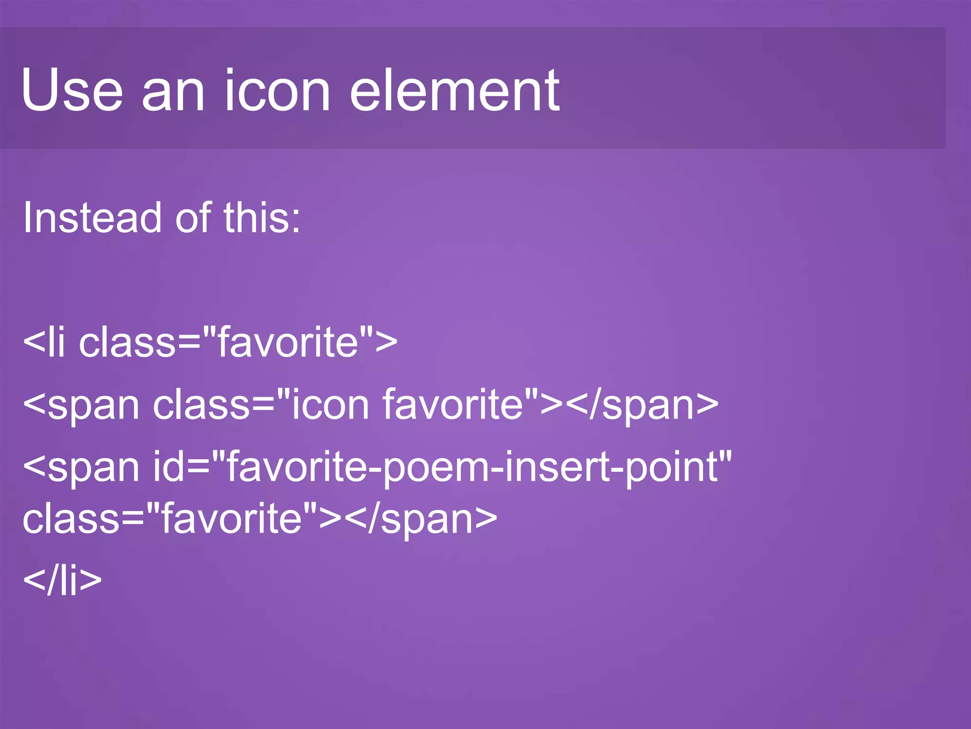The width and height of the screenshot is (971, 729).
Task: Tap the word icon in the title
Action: click(x=277, y=90)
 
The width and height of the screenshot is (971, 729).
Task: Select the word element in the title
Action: click(x=454, y=90)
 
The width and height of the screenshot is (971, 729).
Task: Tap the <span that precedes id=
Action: click(x=81, y=467)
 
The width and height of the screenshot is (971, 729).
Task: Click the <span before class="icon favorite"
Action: click(x=81, y=406)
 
